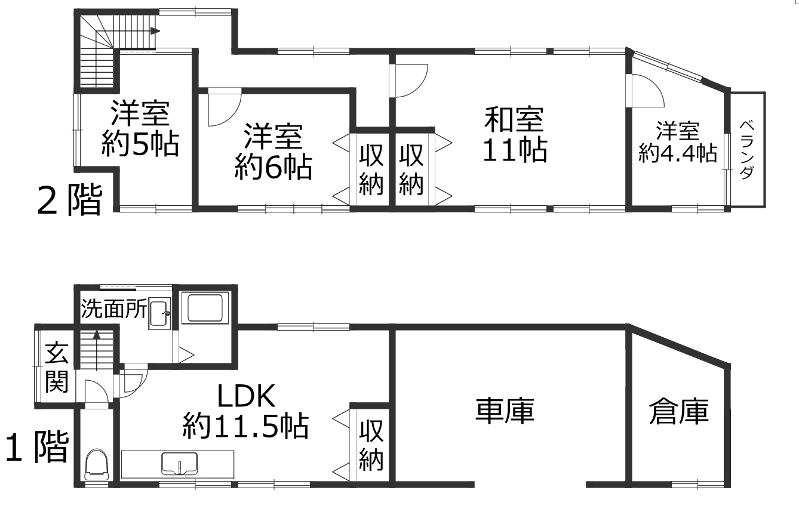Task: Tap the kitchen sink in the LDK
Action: [179, 463]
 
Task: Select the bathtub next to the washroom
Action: [205, 308]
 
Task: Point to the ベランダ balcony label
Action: [746, 150]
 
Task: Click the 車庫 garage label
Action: [505, 411]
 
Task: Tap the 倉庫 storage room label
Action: [678, 412]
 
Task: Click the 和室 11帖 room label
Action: [515, 135]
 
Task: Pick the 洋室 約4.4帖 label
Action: [678, 142]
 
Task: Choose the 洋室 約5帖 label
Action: [140, 128]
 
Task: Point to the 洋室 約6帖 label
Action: [273, 151]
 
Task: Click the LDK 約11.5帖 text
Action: [246, 411]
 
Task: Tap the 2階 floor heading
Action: [69, 200]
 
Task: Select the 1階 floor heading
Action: [37, 447]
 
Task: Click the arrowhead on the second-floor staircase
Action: [155, 31]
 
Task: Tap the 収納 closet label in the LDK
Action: [371, 445]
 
